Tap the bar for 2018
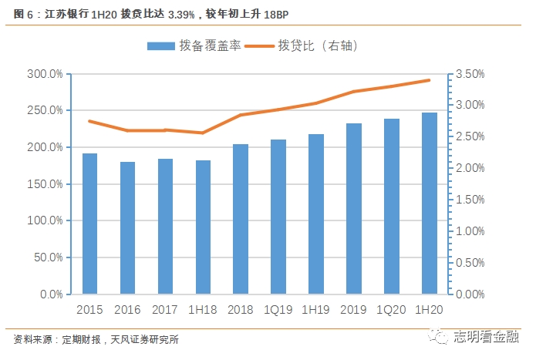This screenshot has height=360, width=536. coord(241,219)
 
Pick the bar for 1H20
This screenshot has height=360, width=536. coord(430,204)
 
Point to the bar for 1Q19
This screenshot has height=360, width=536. coord(278,217)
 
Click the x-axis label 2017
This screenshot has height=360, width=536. coord(165,309)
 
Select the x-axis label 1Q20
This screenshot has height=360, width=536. coord(392,309)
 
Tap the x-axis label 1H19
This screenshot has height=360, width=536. coord(316,309)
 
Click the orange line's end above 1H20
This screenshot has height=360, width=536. coord(430,80)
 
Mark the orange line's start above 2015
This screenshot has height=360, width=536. coord(89,121)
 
